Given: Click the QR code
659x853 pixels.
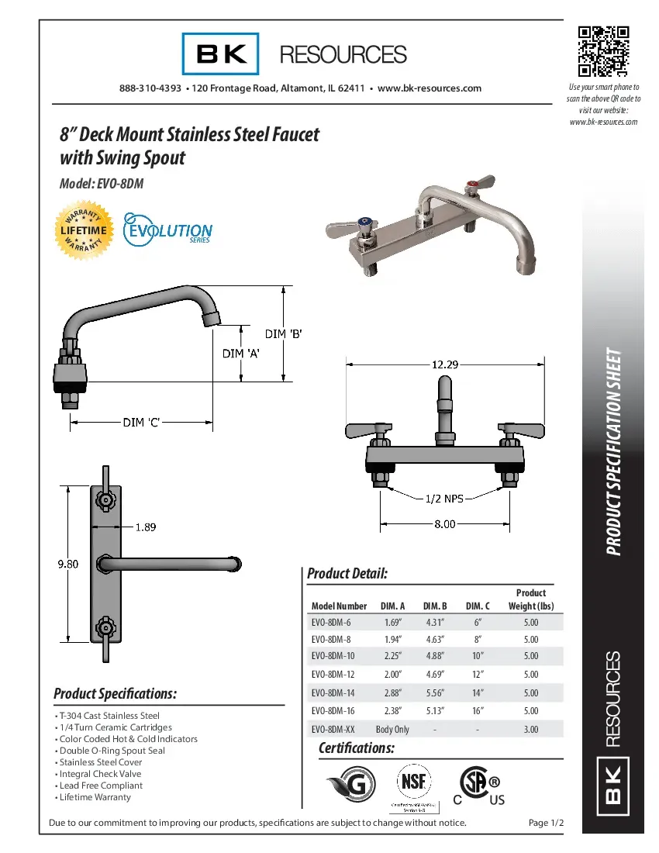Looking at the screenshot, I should (x=603, y=52).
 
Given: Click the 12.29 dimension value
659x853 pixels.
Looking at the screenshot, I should (x=444, y=364).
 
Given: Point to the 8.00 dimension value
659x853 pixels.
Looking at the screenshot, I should (x=444, y=524).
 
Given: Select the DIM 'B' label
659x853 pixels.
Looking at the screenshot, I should (x=283, y=334).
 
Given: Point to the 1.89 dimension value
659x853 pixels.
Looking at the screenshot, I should (x=146, y=527).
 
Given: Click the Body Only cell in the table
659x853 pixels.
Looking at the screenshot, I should (x=392, y=730).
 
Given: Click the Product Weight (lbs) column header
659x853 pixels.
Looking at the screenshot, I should (x=530, y=599).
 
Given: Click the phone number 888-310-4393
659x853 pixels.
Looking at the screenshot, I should (x=150, y=88).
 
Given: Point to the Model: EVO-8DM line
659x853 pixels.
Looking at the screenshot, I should (x=101, y=184).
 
